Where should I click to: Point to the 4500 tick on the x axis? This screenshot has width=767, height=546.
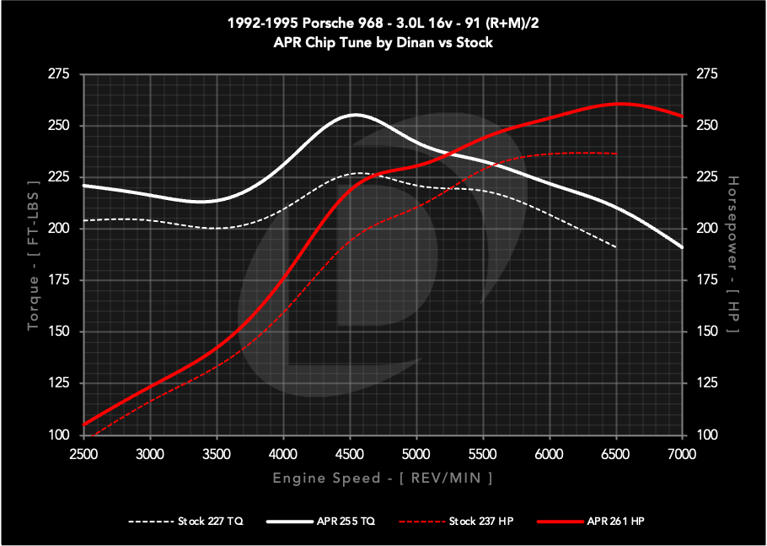click(350, 454)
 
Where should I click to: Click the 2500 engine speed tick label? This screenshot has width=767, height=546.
click(83, 454)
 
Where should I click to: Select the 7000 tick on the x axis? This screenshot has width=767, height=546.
click(681, 454)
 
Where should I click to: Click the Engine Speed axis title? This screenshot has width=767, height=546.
click(383, 478)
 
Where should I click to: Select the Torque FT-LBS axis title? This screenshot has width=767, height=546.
click(33, 255)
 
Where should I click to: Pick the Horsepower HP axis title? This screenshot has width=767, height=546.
click(732, 255)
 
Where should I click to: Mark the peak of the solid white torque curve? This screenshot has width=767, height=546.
click(356, 114)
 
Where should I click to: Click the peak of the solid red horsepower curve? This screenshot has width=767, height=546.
click(620, 104)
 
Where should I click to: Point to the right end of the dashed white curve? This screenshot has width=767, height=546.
click(616, 246)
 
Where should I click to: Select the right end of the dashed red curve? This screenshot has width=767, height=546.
click(616, 154)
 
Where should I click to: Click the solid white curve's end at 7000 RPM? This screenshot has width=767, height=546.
click(681, 246)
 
